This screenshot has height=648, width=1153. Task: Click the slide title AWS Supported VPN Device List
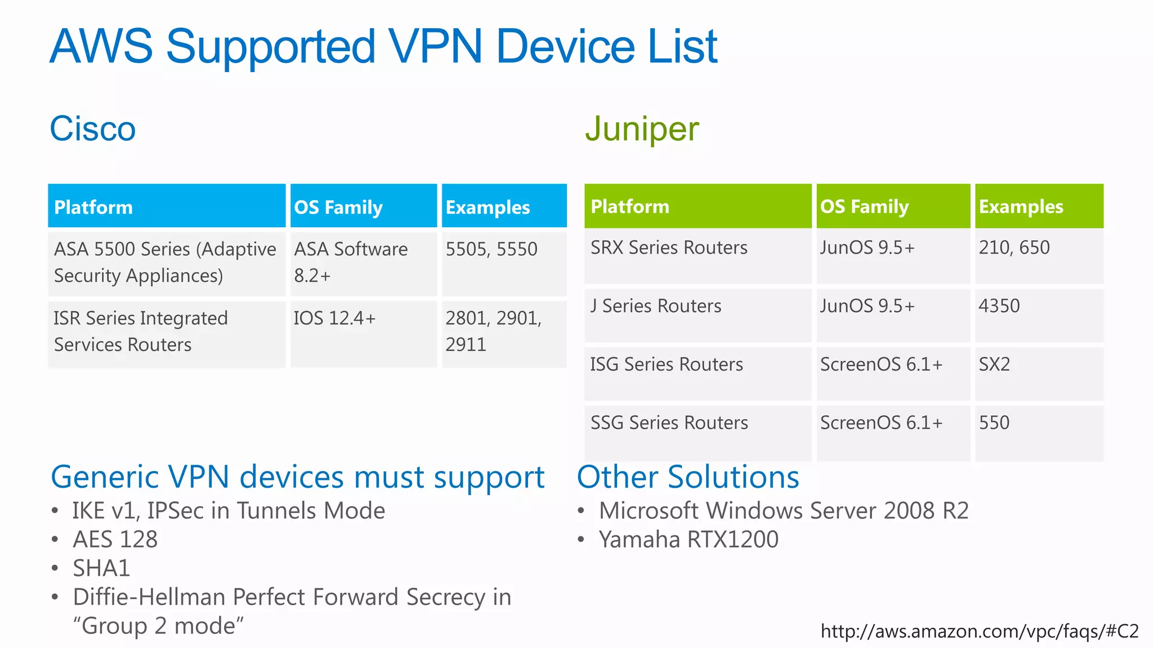pos(383,46)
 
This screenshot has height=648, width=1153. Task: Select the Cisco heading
pos(93,129)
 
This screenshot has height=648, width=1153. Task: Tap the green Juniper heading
pos(642,129)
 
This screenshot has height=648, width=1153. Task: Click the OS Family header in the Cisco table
pos(338,207)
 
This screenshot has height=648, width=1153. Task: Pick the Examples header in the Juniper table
pos(1021,206)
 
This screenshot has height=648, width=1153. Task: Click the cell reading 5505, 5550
pos(491,249)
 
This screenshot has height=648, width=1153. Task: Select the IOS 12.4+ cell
pos(334,318)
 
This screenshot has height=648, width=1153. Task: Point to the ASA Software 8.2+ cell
pos(351,262)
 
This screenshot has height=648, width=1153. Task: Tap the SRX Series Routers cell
pos(669,247)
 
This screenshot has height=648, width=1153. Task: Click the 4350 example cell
pos(999,306)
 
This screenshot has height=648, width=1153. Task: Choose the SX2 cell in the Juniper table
pos(994,364)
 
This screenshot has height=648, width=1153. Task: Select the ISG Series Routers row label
pos(667,364)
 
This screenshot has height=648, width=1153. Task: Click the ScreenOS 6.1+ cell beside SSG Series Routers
pos(881,423)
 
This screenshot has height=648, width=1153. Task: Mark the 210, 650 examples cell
pos(1014,247)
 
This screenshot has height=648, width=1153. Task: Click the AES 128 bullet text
pos(115,539)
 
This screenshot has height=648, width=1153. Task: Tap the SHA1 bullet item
pos(101,568)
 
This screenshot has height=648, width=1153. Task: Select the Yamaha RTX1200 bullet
pos(689,539)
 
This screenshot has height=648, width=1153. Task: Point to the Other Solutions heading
pos(688,477)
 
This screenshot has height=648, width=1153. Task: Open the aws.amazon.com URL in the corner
pos(980,631)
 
